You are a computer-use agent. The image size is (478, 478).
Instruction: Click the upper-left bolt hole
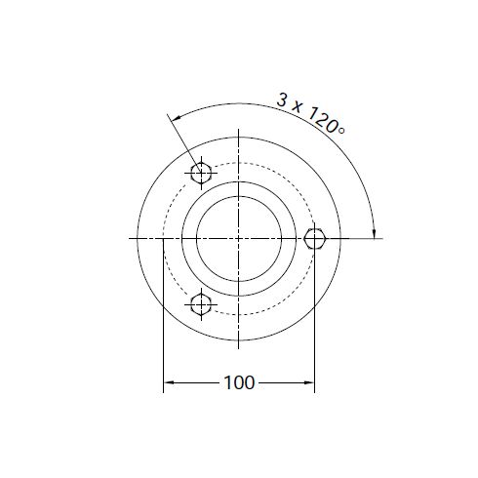[202, 174]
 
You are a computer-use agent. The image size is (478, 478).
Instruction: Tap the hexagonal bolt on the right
[314, 239]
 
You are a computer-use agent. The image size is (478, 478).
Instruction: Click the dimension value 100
[239, 382]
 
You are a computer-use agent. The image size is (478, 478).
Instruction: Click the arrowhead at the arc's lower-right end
[374, 230]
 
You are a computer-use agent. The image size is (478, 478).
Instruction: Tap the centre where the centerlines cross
[239, 238]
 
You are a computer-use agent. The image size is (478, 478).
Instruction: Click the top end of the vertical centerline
[239, 132]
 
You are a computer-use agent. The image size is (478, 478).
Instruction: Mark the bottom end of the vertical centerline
[239, 347]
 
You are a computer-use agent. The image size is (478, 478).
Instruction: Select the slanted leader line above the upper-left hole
[185, 142]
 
